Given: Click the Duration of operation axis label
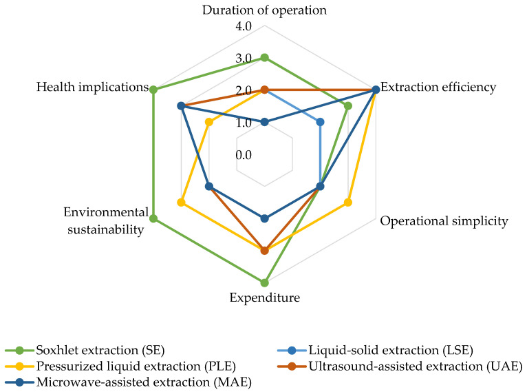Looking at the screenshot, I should pyautogui.click(x=263, y=10).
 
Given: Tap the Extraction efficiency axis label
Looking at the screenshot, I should pyautogui.click(x=438, y=87).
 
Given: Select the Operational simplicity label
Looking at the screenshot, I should pyautogui.click(x=444, y=221).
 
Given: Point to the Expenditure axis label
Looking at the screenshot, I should pyautogui.click(x=264, y=298).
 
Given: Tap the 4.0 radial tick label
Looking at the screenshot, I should pyautogui.click(x=244, y=27).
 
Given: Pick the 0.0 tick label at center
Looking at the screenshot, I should pyautogui.click(x=244, y=154).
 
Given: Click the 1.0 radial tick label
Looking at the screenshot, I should pyautogui.click(x=244, y=123).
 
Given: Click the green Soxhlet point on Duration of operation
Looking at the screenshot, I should pyautogui.click(x=264, y=58).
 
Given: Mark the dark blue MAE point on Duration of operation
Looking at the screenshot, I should pyautogui.click(x=264, y=123).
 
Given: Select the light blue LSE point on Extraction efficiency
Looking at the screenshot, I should pyautogui.click(x=320, y=123).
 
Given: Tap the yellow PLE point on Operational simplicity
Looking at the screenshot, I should pyautogui.click(x=348, y=203).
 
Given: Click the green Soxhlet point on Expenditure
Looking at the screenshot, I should pyautogui.click(x=264, y=282).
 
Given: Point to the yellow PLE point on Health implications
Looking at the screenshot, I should pyautogui.click(x=208, y=123).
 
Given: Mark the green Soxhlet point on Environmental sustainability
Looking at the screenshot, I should pyautogui.click(x=153, y=219).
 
